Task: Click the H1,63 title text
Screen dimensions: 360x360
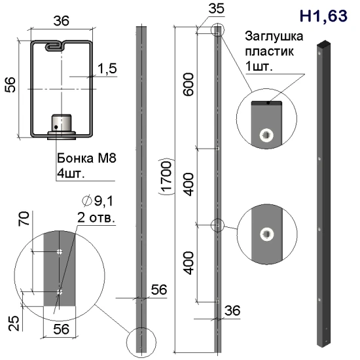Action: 323,16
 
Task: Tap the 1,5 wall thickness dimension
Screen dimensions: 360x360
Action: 107,69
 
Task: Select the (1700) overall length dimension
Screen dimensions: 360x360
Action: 166,176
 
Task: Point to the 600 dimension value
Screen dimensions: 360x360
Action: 189,84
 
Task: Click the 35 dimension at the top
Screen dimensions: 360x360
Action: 216,9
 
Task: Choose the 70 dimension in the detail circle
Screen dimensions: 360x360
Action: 24,219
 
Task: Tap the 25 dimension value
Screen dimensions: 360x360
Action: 14,323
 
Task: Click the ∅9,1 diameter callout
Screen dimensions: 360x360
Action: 98,201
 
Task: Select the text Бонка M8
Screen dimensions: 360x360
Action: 86,158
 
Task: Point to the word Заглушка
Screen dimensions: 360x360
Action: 274,37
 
